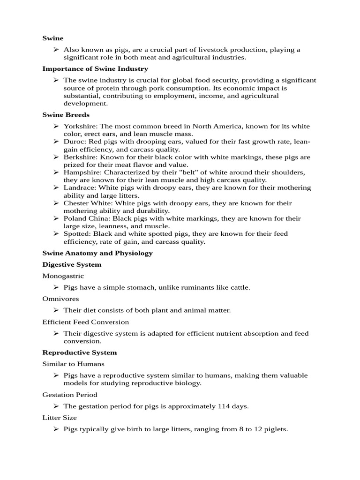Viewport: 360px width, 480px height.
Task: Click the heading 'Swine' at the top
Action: click(52, 38)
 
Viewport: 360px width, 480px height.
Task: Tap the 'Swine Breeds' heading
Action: click(66, 115)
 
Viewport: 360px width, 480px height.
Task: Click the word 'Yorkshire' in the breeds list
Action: click(80, 127)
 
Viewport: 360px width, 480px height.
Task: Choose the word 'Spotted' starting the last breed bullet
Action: click(76, 233)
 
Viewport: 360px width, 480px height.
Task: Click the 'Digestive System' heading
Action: click(72, 264)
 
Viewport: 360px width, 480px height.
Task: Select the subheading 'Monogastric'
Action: click(63, 276)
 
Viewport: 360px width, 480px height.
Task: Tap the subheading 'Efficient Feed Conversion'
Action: click(85, 322)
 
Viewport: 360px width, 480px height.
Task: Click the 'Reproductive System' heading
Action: click(79, 352)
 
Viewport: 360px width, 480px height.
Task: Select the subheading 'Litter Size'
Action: click(60, 418)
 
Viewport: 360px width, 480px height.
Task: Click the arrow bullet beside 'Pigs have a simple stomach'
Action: click(56, 287)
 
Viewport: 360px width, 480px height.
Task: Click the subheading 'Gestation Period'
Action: click(70, 395)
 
